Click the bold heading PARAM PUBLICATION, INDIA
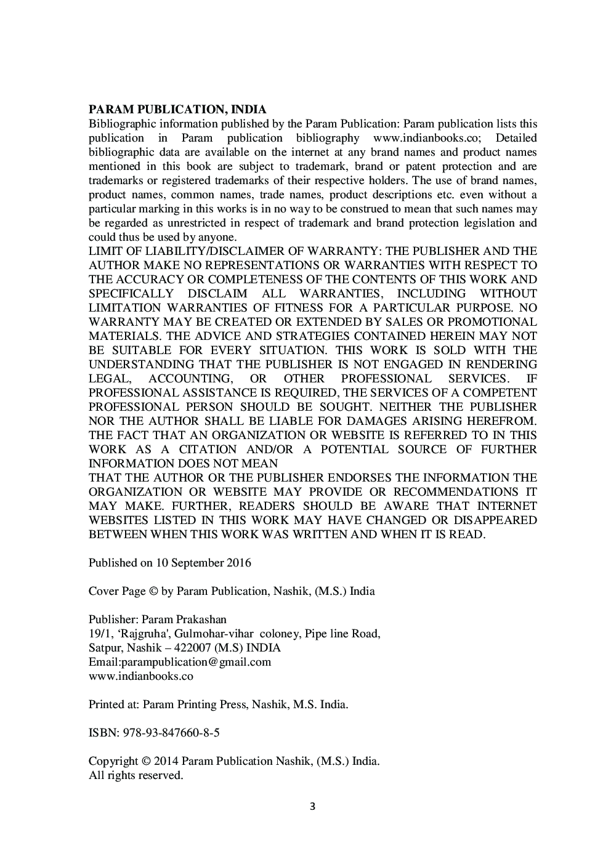tap(177, 110)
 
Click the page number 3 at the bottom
tap(312, 807)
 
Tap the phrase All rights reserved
tap(136, 775)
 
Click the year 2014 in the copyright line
tap(166, 761)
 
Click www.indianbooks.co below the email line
tap(140, 676)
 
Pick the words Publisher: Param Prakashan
tap(157, 620)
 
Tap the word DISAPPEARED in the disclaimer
tap(496, 520)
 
